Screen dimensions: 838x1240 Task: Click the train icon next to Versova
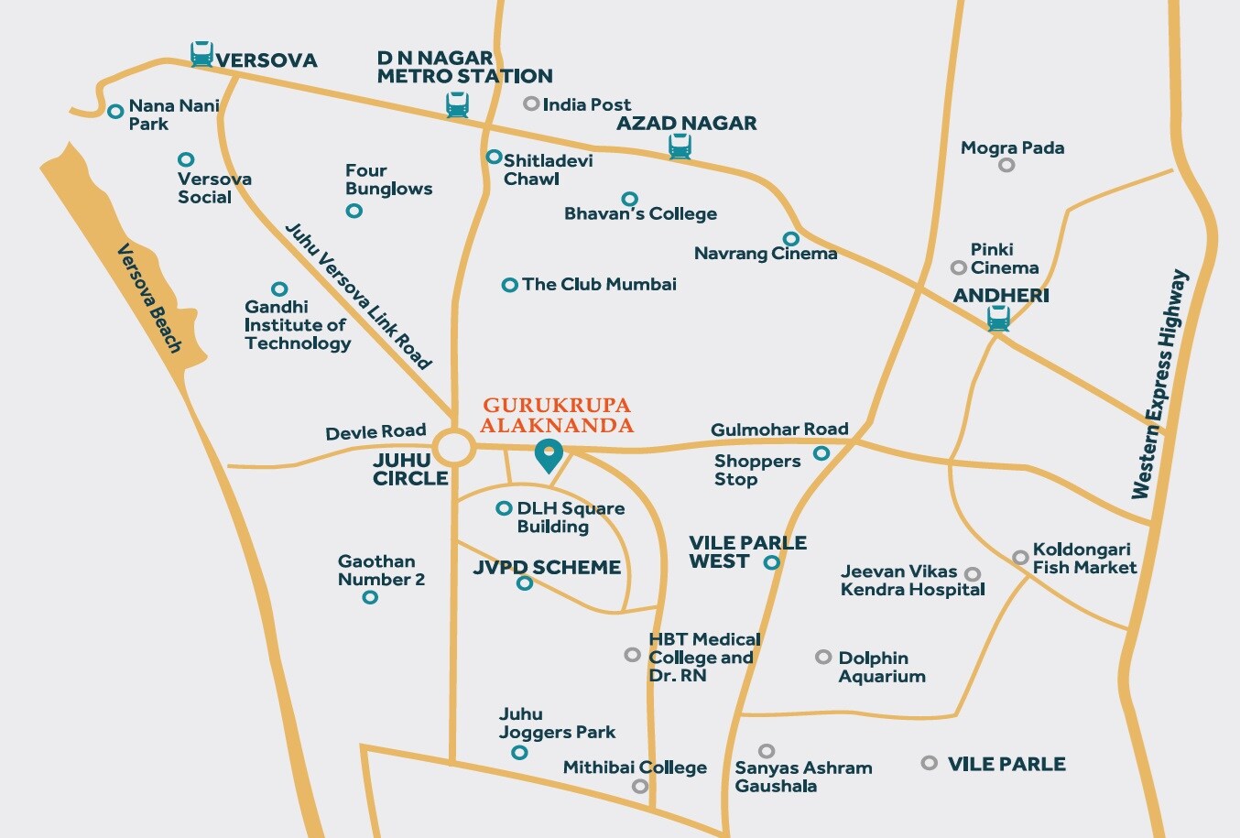201,54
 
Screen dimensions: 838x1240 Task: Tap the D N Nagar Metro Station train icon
457,105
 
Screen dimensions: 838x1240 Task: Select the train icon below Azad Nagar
680,147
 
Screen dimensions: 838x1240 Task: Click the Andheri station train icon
998,319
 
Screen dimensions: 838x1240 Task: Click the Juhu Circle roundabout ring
454,449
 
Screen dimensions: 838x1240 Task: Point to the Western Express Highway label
1159,385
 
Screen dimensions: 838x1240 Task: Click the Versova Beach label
149,299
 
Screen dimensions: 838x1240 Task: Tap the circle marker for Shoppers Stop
821,453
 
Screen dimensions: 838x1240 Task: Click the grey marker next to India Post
531,103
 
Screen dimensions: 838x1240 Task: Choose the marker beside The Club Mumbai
510,285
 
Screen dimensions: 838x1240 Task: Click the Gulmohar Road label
779,429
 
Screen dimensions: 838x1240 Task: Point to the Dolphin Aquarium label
881,667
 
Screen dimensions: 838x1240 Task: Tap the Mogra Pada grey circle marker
1006,165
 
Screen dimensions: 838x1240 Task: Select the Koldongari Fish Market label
1084,558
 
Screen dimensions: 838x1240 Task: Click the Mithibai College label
635,767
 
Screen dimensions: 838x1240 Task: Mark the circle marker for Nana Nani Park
115,112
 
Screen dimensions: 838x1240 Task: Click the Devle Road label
375,431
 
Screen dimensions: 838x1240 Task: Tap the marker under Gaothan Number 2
370,597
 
